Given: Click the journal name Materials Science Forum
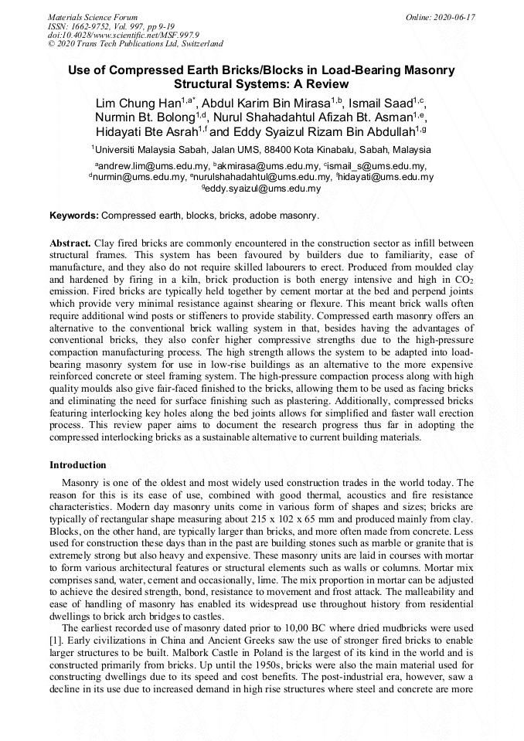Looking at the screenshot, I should pos(93,17).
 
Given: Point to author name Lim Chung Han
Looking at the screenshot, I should pos(137,104).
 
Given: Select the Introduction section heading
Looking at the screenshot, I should pos(78,465).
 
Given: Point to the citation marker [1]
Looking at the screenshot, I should pos(56,641).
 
